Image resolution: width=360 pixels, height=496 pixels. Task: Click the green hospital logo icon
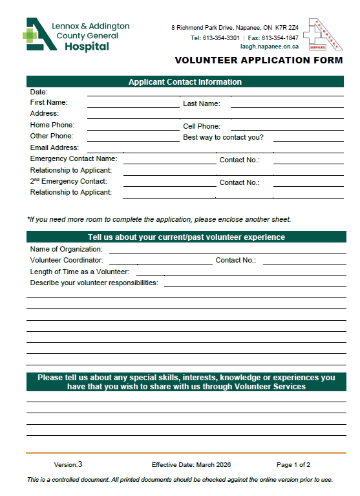[x=37, y=34]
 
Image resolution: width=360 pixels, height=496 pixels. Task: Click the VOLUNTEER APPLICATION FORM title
[x=259, y=61]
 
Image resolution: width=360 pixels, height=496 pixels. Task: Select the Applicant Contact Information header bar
[x=185, y=82]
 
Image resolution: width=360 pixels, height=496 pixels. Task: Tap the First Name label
[x=48, y=102]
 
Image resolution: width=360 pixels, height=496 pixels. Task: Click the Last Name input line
[x=286, y=104]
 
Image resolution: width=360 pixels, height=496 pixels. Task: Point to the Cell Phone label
[x=202, y=126]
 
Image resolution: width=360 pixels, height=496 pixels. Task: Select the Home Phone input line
[x=132, y=127]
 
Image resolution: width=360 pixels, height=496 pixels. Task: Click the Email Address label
[x=54, y=147]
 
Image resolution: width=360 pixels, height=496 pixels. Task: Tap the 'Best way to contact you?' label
[x=223, y=137]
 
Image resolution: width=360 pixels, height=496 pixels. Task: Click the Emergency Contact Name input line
[x=169, y=162]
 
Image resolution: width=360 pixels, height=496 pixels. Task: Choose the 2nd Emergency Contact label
[x=69, y=182]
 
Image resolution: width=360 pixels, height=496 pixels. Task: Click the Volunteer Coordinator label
[x=67, y=260]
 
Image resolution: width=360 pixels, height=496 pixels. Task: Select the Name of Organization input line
[x=227, y=251]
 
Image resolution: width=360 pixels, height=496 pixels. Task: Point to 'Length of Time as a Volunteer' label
[x=79, y=272]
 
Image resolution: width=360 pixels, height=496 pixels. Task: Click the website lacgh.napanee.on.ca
[x=270, y=47]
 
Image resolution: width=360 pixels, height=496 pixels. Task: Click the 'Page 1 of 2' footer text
[x=293, y=465]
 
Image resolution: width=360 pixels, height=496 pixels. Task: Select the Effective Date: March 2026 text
[x=191, y=465]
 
